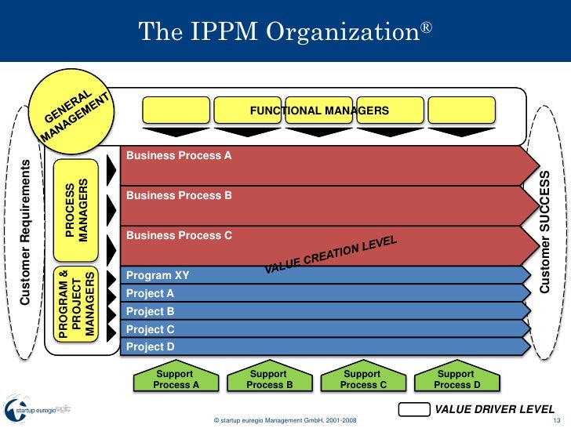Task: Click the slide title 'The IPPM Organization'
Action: point(285,31)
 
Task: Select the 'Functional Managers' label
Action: point(319,111)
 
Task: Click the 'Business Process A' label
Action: point(179,156)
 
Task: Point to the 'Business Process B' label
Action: point(179,195)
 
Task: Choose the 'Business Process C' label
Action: point(179,235)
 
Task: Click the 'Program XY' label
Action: point(158,276)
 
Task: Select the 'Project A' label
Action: point(150,294)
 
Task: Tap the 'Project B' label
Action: point(150,311)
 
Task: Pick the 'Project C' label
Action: point(150,329)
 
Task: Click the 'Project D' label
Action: point(150,346)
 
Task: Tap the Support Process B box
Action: point(268,379)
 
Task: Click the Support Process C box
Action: point(362,379)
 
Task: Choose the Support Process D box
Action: point(456,379)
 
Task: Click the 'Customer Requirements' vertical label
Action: point(25,232)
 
